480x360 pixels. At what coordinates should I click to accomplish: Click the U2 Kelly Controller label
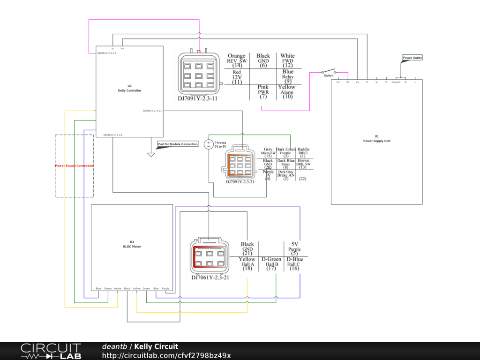(129, 88)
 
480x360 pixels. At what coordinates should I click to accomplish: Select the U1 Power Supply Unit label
(377, 138)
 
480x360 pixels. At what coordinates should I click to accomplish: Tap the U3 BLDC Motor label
(132, 244)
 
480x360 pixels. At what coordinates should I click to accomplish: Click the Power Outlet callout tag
(412, 58)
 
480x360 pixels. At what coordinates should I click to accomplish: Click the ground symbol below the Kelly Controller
(151, 153)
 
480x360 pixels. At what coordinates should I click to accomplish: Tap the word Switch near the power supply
(329, 75)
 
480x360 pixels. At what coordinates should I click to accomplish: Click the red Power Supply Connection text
(74, 166)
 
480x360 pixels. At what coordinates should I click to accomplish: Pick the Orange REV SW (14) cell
(237, 61)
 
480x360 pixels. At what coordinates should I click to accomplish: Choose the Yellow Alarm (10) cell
(286, 92)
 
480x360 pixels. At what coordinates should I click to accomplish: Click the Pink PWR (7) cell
(262, 92)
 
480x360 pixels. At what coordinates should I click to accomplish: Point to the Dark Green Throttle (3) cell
(285, 152)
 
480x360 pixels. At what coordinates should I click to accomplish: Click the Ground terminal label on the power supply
(396, 82)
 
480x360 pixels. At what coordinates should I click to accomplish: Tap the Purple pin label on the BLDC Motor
(165, 288)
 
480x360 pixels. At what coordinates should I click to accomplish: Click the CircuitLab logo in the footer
(51, 351)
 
